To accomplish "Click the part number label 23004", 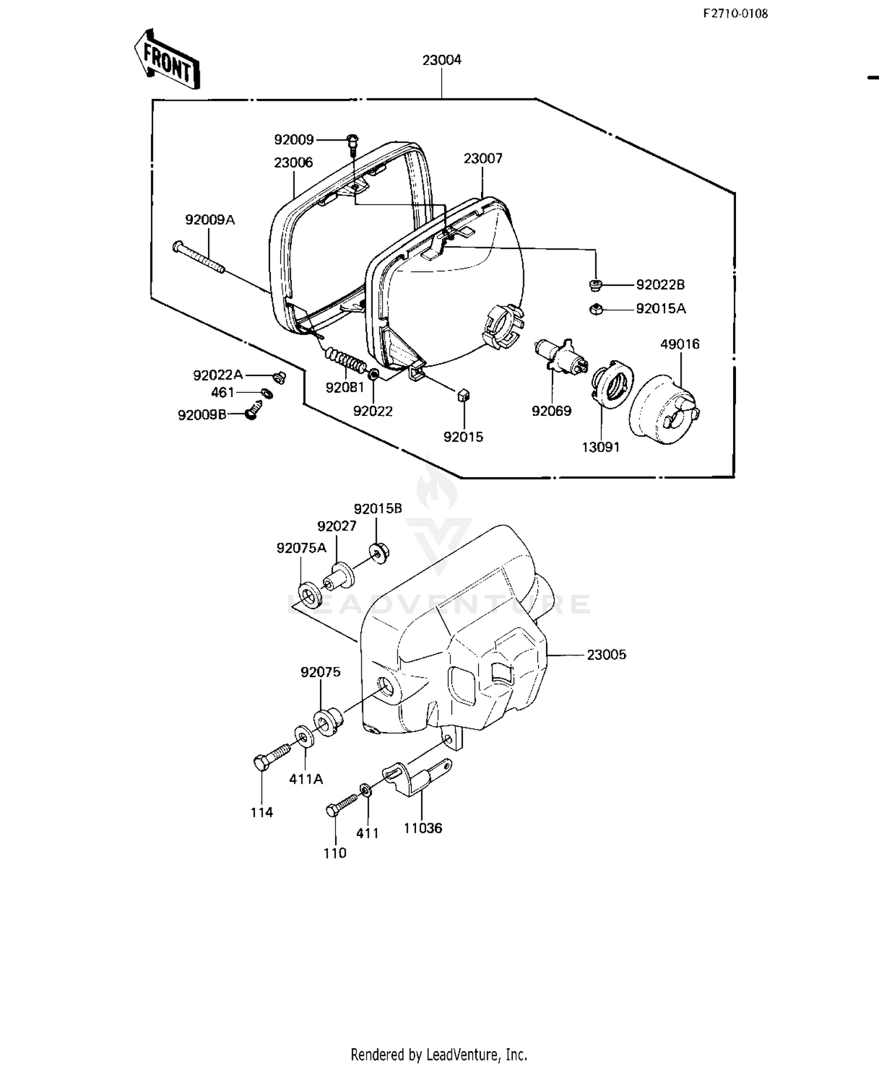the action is point(442,60).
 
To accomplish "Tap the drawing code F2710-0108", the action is point(735,13).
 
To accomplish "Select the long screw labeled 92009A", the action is point(198,258).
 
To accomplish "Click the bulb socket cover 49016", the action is point(665,405).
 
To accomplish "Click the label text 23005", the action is point(607,655).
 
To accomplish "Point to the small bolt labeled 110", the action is point(341,803).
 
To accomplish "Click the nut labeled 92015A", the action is point(595,309).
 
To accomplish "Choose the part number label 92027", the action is point(337,526).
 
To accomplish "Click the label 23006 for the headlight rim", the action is point(293,162).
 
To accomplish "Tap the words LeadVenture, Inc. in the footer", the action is point(476,1055).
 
